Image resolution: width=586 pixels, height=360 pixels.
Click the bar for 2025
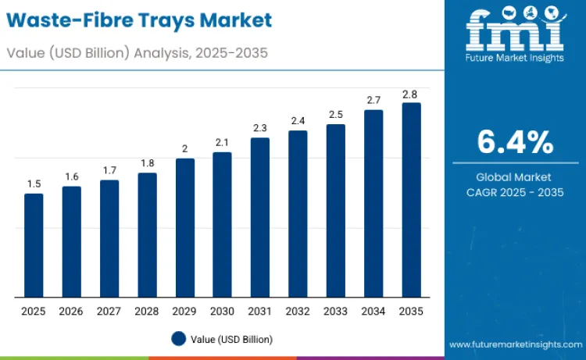(34, 245)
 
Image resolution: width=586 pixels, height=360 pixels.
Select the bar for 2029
(185, 228)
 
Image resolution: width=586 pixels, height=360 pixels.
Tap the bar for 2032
(298, 214)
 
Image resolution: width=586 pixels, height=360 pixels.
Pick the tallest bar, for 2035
(411, 200)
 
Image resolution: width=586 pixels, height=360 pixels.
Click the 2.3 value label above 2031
(260, 127)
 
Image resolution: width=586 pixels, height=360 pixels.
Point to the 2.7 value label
(373, 100)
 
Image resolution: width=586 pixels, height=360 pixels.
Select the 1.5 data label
(34, 184)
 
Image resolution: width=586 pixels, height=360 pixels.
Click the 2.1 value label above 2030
(223, 142)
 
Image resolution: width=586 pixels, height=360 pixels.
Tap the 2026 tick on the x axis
(71, 311)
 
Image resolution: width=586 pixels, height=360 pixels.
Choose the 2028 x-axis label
(147, 311)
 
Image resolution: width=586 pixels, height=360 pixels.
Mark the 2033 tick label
(336, 311)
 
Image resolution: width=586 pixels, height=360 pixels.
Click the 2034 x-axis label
(373, 311)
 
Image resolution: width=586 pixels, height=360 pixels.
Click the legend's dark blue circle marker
(178, 339)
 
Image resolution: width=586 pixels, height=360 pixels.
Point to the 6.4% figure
(515, 143)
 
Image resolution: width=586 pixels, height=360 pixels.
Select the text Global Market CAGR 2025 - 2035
(515, 184)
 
